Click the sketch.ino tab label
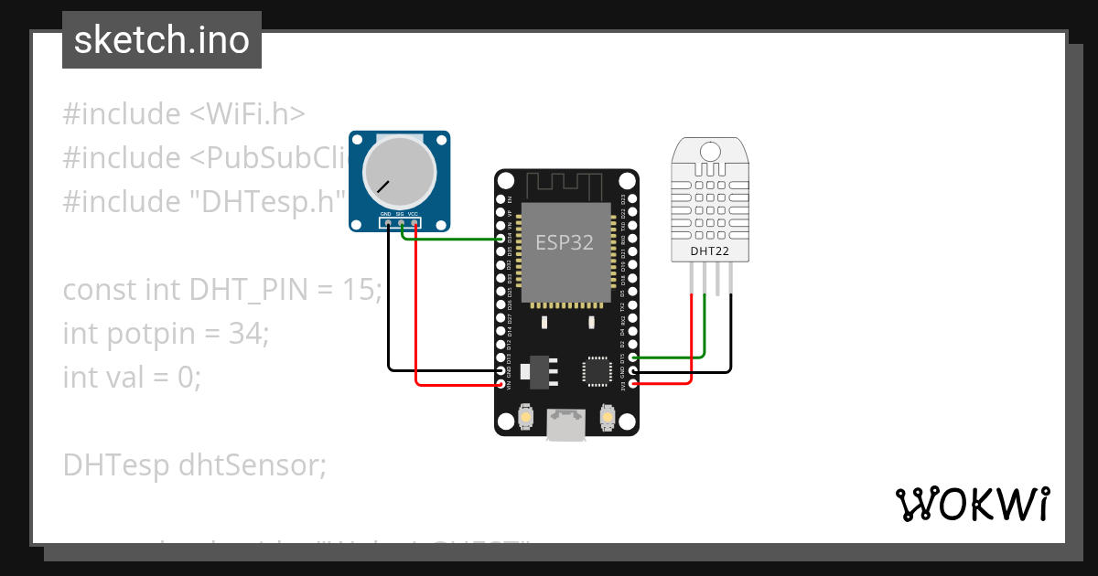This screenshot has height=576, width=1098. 162,40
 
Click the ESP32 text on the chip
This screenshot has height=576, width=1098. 565,243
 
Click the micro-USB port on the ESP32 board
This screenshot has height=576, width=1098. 565,424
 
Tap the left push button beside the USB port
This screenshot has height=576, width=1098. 526,418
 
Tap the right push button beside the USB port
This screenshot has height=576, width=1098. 606,418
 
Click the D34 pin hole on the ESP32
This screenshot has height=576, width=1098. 501,239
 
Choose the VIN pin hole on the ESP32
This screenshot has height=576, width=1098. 501,384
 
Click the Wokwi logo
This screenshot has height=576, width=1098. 972,504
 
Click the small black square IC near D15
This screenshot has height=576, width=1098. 595,370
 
